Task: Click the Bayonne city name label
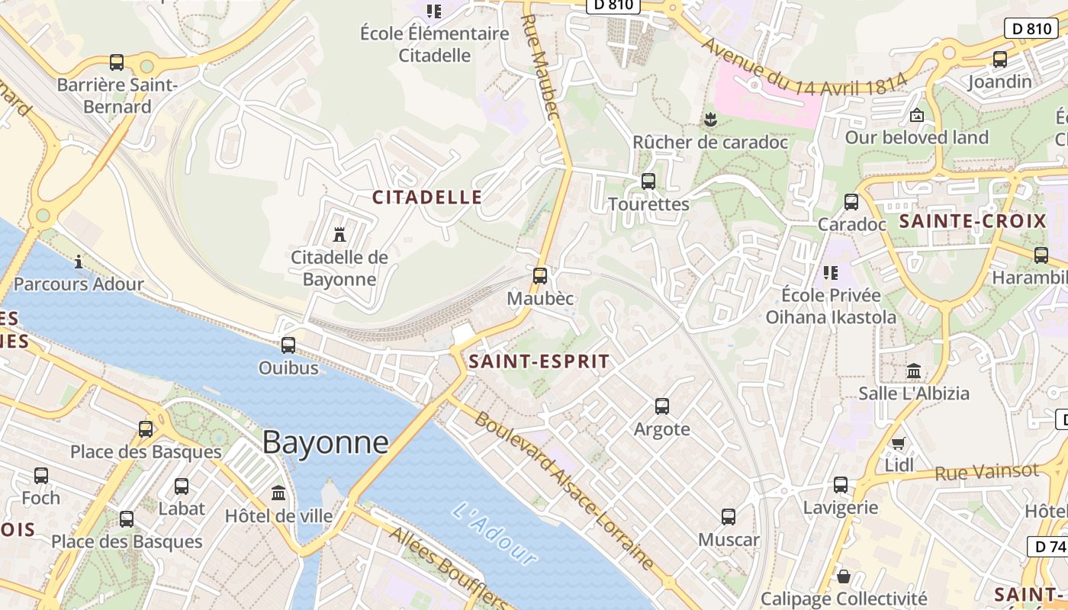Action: coord(326,442)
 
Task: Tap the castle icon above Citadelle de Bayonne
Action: coord(339,234)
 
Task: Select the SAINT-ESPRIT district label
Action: coord(539,361)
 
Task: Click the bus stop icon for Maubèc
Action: coord(540,276)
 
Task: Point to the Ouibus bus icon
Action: coord(288,345)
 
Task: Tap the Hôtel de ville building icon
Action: coord(278,493)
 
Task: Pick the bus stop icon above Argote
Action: coord(662,406)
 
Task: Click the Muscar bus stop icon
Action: coord(729,517)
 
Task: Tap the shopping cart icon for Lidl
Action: coord(899,443)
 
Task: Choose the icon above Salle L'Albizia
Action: coord(914,371)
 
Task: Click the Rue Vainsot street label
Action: coord(987,473)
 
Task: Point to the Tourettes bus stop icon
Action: coord(648,181)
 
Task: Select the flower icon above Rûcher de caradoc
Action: coord(710,120)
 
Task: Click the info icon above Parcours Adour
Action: coord(79,262)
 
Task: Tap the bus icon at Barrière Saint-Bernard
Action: coord(117,63)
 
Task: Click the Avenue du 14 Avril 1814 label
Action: coord(803,68)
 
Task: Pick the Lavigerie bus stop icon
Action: coord(841,484)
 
